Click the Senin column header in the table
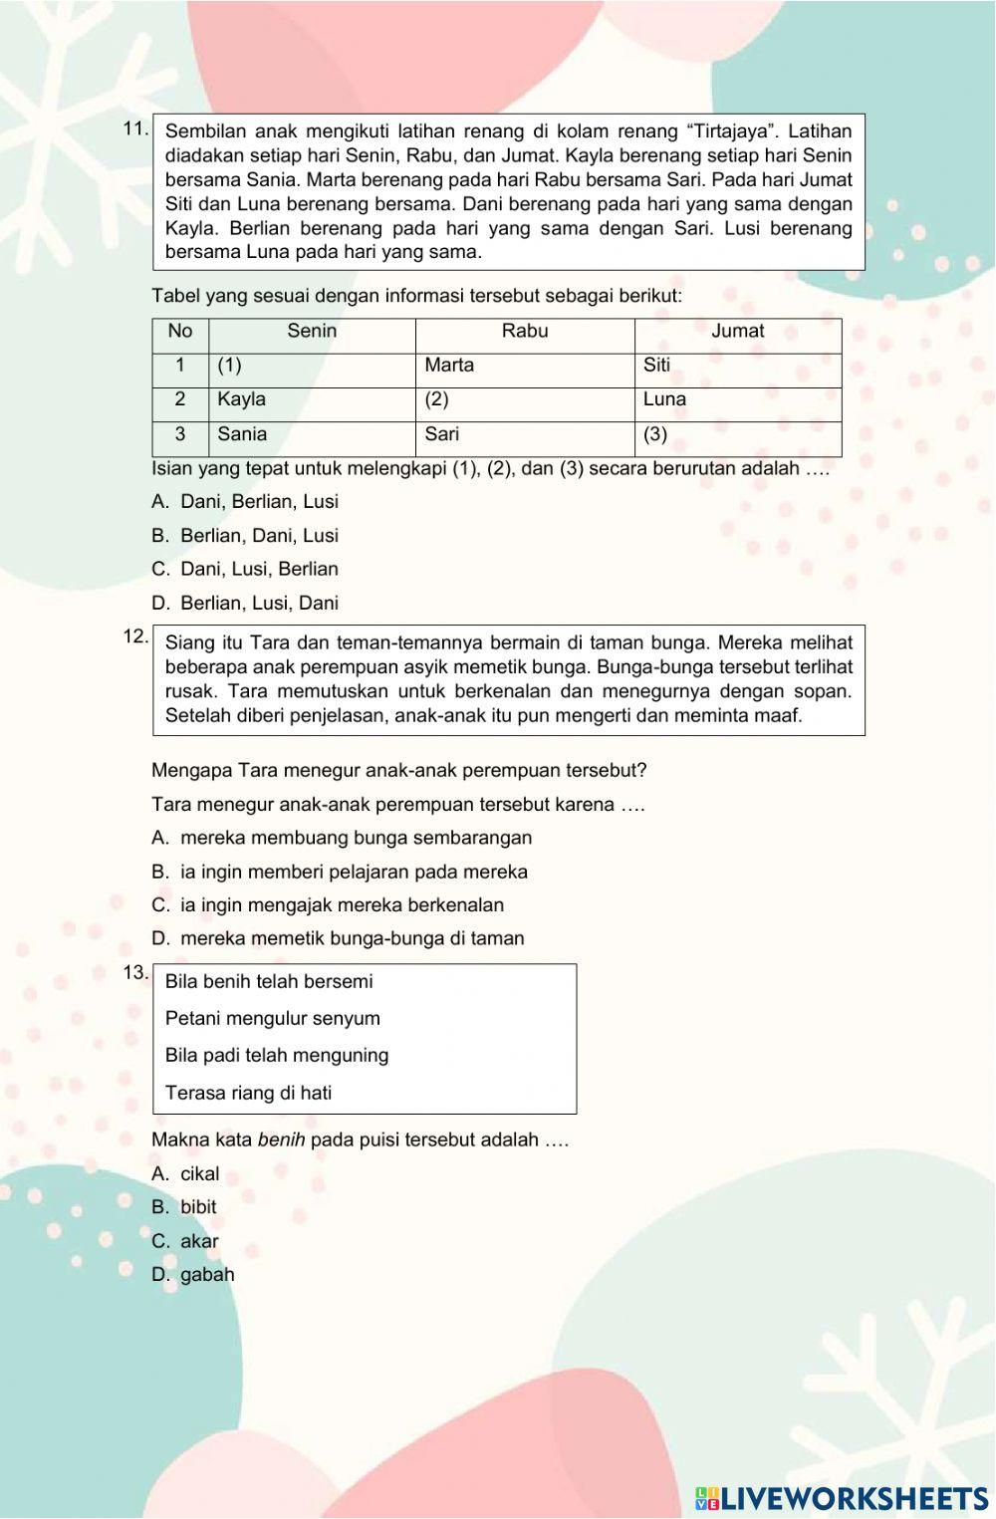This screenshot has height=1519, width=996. pyautogui.click(x=312, y=332)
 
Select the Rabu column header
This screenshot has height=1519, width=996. pyautogui.click(x=525, y=332)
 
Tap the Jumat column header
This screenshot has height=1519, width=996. pyautogui.click(x=738, y=332)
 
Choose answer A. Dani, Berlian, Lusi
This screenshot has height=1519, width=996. pyautogui.click(x=245, y=502)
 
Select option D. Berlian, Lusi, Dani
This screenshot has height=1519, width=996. pyautogui.click(x=245, y=604)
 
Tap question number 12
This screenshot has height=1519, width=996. pyautogui.click(x=135, y=636)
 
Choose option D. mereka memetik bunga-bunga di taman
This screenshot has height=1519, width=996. pyautogui.click(x=338, y=938)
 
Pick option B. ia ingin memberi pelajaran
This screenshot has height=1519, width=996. pyautogui.click(x=340, y=873)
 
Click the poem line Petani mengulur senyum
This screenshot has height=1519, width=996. pyautogui.click(x=273, y=1019)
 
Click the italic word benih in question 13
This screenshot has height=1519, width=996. pyautogui.click(x=281, y=1140)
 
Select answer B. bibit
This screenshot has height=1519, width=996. pyautogui.click(x=184, y=1207)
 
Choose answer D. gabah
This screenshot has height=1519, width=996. pyautogui.click(x=193, y=1275)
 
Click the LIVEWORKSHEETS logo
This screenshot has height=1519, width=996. pyautogui.click(x=842, y=1499)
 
